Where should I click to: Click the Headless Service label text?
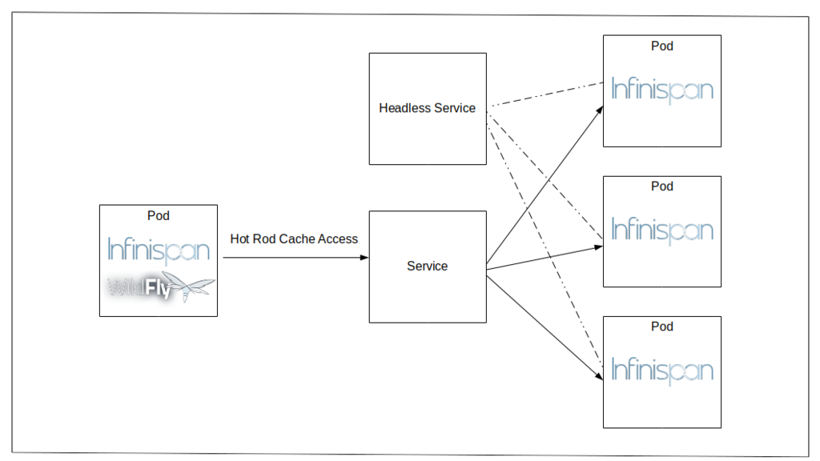pos(428,108)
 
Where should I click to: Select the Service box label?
pos(428,266)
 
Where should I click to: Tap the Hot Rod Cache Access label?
pos(294,239)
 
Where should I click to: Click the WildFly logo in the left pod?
pos(160,287)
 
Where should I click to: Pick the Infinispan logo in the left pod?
pos(159,251)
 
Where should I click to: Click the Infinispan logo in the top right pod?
pos(662,90)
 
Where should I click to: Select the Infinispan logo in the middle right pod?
pos(662,230)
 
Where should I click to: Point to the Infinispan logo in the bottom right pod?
pos(662,371)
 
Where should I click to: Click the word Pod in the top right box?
pos(662,46)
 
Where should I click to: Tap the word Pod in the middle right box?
pos(662,186)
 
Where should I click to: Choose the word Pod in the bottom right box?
pos(662,327)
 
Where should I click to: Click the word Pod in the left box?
pos(159,215)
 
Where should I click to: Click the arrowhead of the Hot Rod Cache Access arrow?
pos(364,257)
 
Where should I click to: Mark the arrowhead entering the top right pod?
pos(600,110)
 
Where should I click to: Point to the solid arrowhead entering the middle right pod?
pos(599,247)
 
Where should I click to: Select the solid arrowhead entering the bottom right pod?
pos(599,375)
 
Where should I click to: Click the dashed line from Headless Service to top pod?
pos(545,94)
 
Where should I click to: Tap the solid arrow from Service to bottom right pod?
pos(545,327)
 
